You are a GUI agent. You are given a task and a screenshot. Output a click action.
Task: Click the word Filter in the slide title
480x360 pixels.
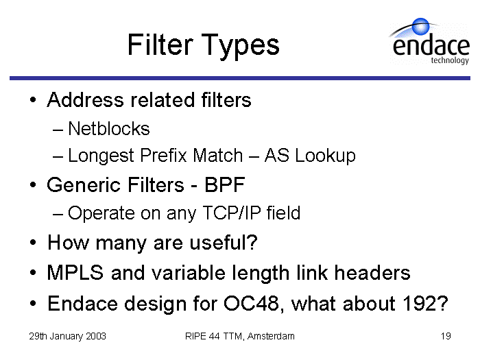pos(160,45)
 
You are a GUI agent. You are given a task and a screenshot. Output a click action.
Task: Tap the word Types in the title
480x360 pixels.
pos(240,46)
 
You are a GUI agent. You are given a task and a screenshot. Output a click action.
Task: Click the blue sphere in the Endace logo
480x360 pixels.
pos(420,26)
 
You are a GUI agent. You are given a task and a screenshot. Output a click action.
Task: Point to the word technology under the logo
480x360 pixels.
pos(450,60)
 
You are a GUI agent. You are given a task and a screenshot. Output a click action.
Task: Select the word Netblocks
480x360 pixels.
pos(109,128)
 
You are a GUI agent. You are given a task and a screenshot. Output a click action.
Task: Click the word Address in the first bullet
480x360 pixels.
pos(86,99)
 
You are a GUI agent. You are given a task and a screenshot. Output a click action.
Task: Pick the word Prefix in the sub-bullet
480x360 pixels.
pos(163,155)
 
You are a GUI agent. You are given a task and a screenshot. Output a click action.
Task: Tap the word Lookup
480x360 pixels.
pos(326,156)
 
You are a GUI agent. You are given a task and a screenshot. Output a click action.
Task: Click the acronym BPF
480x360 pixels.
pos(225,184)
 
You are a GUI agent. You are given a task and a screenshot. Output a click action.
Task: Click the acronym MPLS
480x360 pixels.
pos(75,272)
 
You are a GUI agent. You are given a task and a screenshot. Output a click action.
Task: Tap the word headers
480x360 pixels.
pos(372,272)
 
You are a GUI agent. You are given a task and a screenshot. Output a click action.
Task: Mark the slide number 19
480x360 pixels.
pos(446,336)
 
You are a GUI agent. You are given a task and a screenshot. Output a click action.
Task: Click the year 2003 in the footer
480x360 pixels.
pos(96,336)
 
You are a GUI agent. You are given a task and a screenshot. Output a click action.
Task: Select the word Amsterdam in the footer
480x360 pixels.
pos(271,336)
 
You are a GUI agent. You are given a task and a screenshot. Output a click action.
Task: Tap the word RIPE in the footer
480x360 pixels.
pos(195,336)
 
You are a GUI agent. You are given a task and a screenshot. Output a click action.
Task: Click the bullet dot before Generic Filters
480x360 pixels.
pos(33,185)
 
